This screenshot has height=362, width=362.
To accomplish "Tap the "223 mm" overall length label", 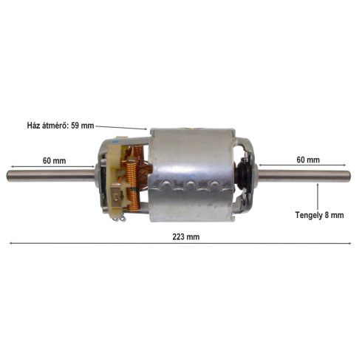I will (181, 237).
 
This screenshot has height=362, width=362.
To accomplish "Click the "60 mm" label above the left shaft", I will (54, 160).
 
